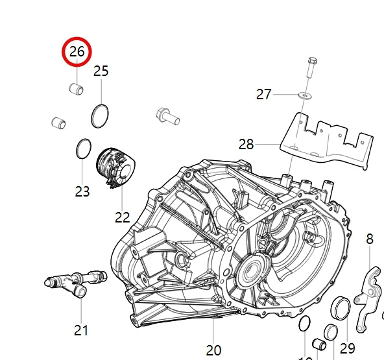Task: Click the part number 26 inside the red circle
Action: (77, 53)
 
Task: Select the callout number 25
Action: (101, 71)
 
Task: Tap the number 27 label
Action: (263, 95)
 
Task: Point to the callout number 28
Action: (246, 144)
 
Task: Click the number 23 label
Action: (82, 191)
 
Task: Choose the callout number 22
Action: (123, 217)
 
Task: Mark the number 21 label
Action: (80, 330)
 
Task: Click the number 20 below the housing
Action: (213, 350)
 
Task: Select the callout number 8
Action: (370, 239)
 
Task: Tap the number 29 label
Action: (348, 348)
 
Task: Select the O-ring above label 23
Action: (82, 149)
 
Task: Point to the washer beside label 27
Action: (303, 95)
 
